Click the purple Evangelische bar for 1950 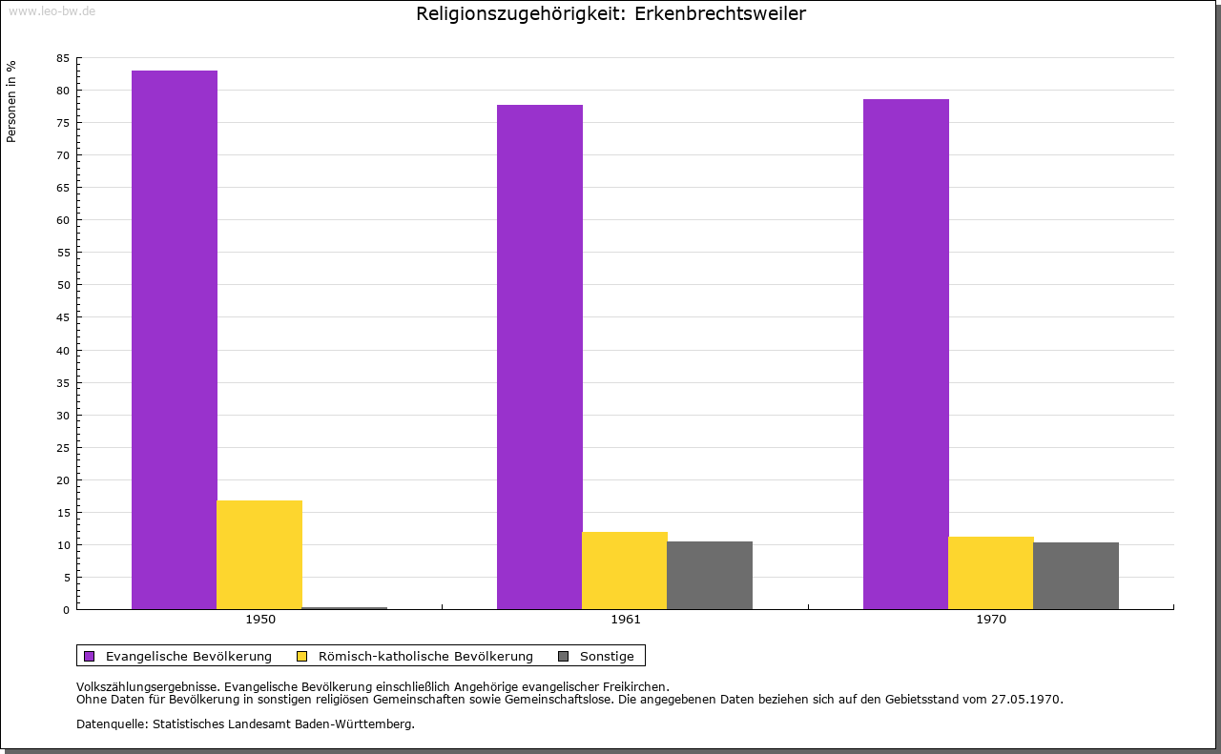click(x=175, y=339)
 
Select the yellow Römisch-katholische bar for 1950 click(x=259, y=555)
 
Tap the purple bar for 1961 click(x=540, y=357)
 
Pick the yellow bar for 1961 click(x=625, y=570)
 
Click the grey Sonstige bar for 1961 click(x=710, y=575)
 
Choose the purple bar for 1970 click(x=905, y=354)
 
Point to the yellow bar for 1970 click(x=990, y=573)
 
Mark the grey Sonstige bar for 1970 click(x=1076, y=576)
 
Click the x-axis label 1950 click(x=260, y=620)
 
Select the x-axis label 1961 click(x=626, y=620)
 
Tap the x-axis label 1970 click(x=991, y=620)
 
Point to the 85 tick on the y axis click(x=63, y=58)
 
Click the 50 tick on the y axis click(x=63, y=285)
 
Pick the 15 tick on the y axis click(x=63, y=512)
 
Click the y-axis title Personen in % click(x=11, y=101)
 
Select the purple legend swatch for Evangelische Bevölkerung click(x=90, y=656)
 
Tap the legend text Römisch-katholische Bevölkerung click(x=425, y=656)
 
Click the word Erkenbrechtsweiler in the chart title click(x=719, y=13)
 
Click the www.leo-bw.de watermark click(x=52, y=10)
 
